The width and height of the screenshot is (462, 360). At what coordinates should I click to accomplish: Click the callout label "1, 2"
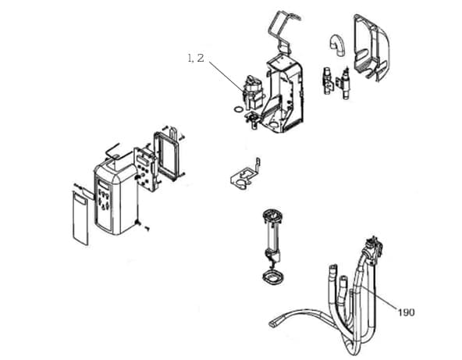point(196,58)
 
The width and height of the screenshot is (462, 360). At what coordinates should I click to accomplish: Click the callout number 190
point(406,312)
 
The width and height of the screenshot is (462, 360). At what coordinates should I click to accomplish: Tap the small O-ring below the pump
point(238,109)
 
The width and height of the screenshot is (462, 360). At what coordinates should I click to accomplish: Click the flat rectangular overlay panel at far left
point(80,218)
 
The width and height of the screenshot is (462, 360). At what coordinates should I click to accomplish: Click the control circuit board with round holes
point(144,169)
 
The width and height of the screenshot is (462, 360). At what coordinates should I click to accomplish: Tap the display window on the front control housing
point(103,185)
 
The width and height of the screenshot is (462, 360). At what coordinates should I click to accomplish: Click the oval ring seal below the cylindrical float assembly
point(273,278)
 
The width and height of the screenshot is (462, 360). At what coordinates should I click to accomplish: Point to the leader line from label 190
point(379,298)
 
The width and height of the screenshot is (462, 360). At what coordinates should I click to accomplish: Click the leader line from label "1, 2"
point(226,77)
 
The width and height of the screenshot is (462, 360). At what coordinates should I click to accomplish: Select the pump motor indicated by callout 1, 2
point(253,91)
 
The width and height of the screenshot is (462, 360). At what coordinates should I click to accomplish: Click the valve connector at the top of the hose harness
point(373,248)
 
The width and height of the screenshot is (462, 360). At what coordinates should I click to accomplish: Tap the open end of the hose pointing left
point(272,323)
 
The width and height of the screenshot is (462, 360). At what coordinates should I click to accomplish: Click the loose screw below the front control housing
point(147,227)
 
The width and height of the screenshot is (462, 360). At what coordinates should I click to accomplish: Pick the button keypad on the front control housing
point(104,200)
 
